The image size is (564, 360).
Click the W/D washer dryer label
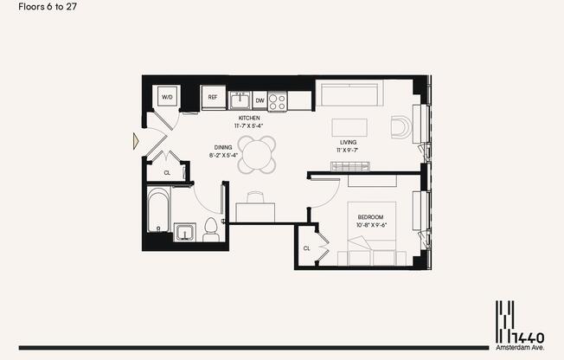[x=168, y=98]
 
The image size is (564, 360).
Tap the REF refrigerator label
[x=213, y=97]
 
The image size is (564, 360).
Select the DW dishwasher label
[x=260, y=100]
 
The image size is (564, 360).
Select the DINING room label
[x=223, y=147]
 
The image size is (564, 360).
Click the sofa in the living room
[x=347, y=93]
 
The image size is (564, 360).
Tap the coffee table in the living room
[x=349, y=126]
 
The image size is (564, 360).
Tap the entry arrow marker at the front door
[x=136, y=138]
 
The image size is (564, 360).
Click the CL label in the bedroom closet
[x=306, y=248]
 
